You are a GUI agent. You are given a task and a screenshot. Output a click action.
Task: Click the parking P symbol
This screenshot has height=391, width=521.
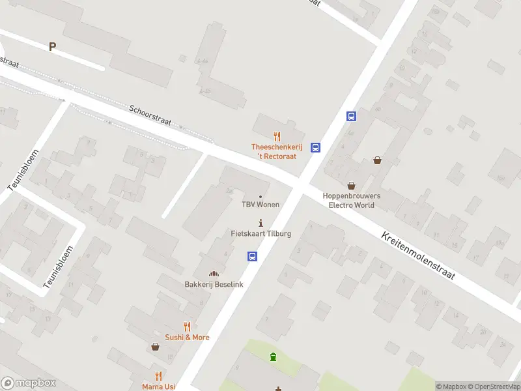point(52,46)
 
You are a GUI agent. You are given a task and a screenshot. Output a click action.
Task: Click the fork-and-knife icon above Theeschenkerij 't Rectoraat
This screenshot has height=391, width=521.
point(277,136)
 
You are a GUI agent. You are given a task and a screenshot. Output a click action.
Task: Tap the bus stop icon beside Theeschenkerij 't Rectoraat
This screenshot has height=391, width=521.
point(315,147)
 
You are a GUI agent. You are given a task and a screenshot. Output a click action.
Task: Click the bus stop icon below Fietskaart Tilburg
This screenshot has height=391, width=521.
point(252,257)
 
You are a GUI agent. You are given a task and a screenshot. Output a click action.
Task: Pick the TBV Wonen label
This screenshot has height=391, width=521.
point(260,205)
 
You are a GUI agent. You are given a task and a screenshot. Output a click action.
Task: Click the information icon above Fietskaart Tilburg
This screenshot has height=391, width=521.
point(261,223)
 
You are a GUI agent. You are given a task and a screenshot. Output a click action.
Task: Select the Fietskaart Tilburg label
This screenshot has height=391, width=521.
point(260,233)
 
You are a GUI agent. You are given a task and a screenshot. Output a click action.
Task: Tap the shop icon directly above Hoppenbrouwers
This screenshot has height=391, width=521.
point(351,186)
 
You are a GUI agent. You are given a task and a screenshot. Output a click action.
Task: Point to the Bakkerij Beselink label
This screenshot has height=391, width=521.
point(213,284)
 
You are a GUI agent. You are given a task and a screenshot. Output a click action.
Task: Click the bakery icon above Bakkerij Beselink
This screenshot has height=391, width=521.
point(213,274)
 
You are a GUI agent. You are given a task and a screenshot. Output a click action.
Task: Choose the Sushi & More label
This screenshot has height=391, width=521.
point(187,337)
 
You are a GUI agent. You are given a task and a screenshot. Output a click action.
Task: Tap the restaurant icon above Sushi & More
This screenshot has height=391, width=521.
point(187,326)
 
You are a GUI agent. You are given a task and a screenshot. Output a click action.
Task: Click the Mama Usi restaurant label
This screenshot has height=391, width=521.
point(158,386)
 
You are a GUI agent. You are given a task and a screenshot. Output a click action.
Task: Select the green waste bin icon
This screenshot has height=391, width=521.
point(274,356)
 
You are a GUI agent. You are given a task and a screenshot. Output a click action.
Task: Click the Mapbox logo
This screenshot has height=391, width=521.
point(29,383)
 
